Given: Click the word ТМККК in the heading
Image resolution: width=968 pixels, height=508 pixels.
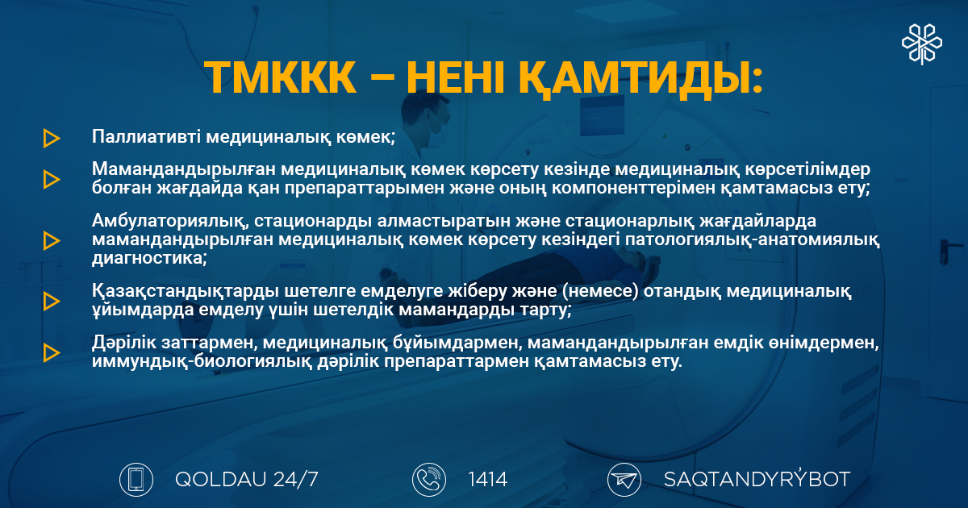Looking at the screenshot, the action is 280,77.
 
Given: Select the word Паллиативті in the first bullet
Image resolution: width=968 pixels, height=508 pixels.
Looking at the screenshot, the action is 146,136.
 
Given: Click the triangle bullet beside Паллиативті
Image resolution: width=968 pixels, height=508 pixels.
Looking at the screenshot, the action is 52,138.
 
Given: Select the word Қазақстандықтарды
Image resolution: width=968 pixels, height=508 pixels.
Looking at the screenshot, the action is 185,292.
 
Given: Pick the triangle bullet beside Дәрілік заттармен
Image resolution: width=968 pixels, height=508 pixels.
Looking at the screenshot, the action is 52,352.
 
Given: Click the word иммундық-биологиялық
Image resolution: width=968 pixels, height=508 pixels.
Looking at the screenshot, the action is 202,361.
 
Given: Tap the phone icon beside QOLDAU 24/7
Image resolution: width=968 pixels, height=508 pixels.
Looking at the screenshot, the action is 136,480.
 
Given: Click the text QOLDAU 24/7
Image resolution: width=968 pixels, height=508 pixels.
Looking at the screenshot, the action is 246,480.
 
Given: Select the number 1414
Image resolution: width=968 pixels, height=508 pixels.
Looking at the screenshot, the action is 487,480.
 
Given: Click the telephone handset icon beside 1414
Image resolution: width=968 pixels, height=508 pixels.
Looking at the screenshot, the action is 429,480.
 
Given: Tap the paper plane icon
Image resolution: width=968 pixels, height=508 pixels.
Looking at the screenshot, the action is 624,480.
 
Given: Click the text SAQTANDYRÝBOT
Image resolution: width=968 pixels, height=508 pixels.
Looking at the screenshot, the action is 757,479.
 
